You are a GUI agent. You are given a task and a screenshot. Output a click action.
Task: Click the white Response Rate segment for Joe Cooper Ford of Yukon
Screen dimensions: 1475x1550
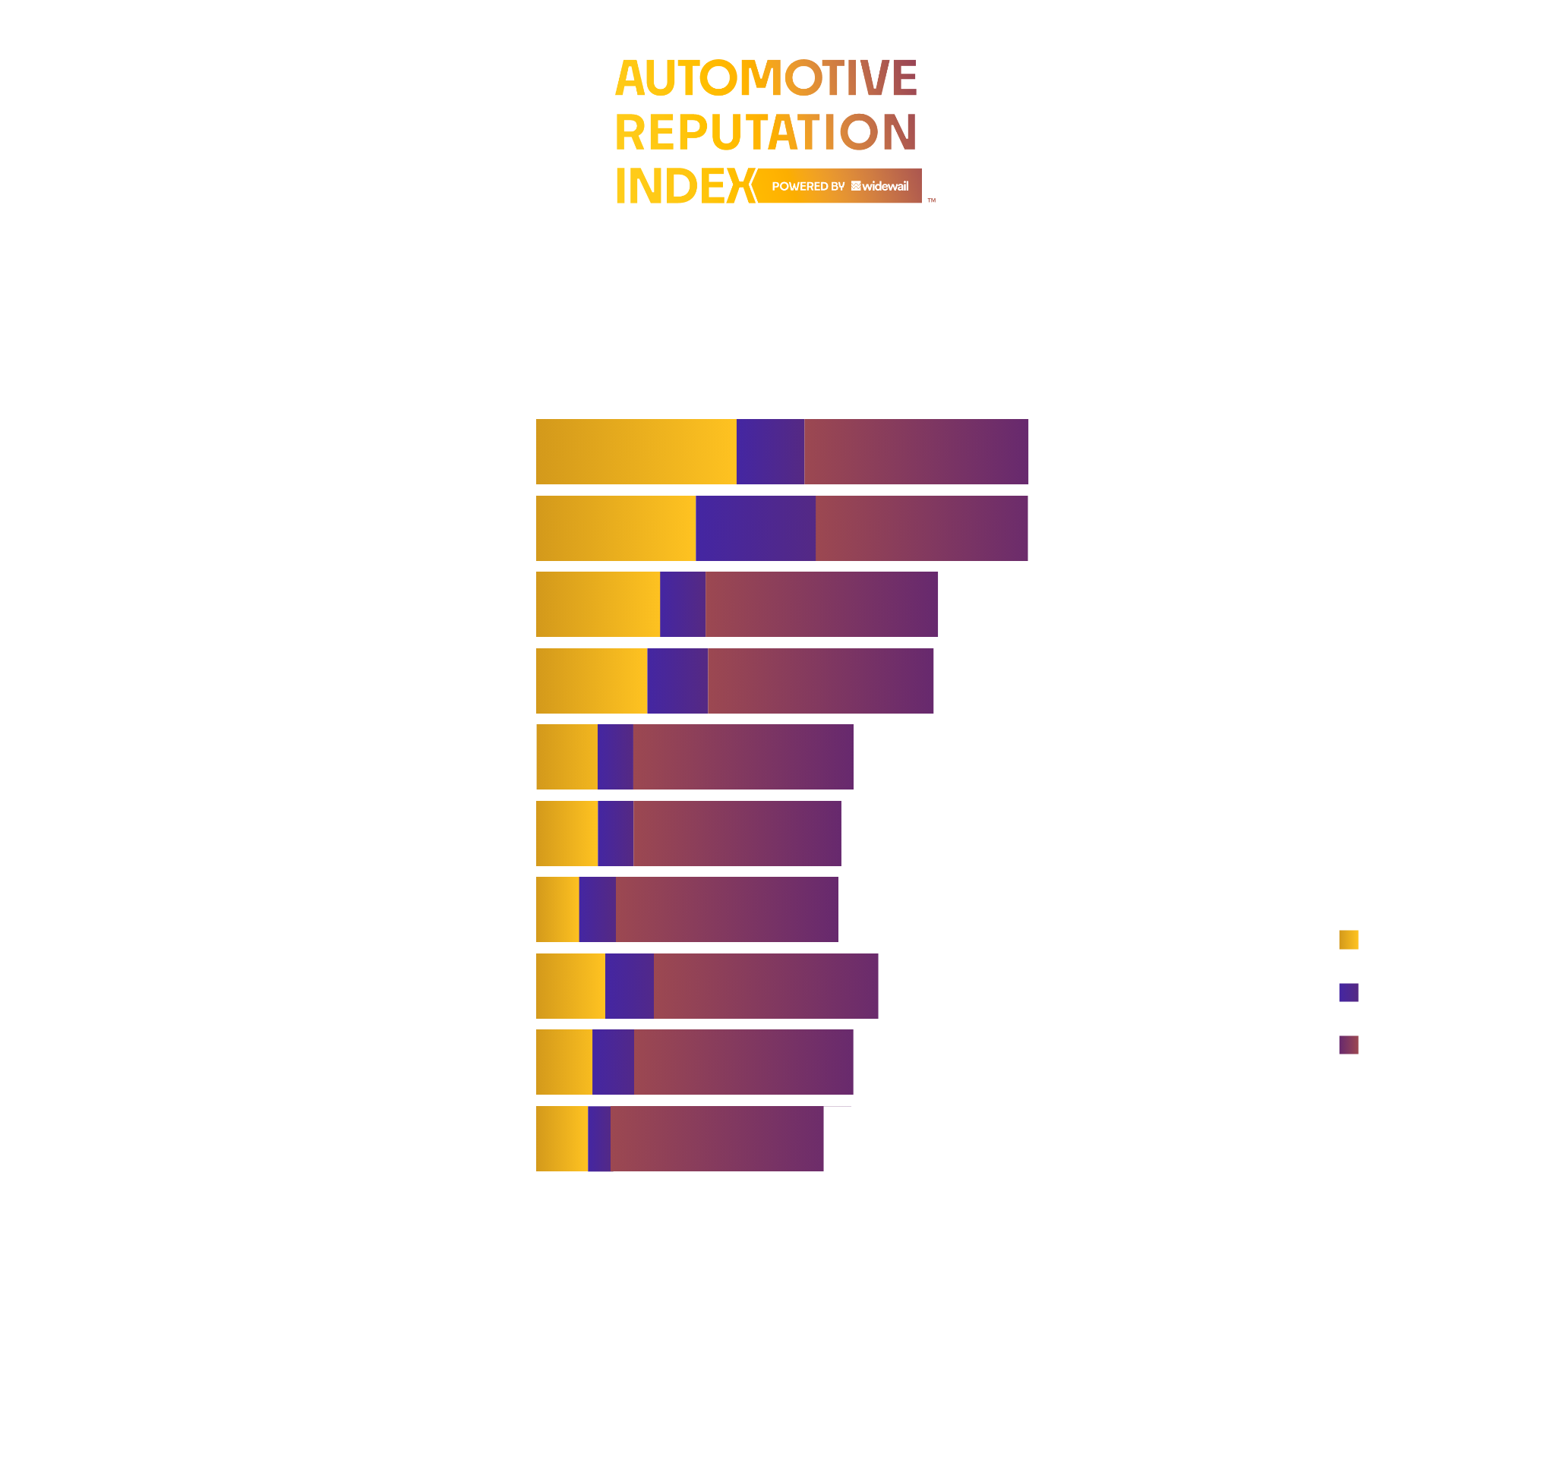point(1143,451)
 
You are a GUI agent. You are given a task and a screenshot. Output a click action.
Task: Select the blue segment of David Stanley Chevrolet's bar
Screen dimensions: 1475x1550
point(755,528)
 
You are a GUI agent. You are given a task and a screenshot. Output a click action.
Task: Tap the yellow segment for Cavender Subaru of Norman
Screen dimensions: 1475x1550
point(598,604)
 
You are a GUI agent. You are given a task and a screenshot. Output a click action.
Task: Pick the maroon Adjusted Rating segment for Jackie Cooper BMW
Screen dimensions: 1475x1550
point(743,756)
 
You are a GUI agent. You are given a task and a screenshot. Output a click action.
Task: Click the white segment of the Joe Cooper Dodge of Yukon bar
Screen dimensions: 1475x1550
point(938,1139)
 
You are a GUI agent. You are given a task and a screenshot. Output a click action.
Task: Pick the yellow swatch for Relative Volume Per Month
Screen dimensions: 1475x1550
point(1349,940)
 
